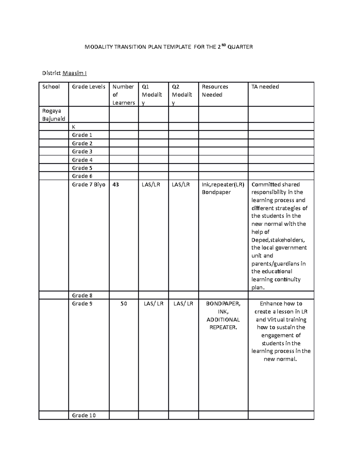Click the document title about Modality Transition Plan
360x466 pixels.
(x=169, y=47)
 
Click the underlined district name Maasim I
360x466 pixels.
(x=74, y=73)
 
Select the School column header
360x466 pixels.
(x=51, y=87)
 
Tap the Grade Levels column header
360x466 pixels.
(x=88, y=87)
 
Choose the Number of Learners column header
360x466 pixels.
(x=123, y=95)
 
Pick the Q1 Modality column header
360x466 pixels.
(x=152, y=95)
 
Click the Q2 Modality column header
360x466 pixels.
(x=182, y=95)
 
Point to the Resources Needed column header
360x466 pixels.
(x=215, y=91)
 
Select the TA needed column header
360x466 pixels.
(x=265, y=87)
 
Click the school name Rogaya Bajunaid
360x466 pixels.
(x=54, y=115)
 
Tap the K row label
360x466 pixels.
(x=73, y=127)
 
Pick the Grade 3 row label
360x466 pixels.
(x=82, y=152)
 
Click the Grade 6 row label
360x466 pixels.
(x=82, y=176)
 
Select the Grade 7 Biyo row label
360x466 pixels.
(x=88, y=185)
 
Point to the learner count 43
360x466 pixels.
(x=115, y=185)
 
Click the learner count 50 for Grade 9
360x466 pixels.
(x=124, y=304)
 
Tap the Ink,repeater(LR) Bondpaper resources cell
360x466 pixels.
(x=223, y=188)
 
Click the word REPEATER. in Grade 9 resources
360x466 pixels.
(x=223, y=327)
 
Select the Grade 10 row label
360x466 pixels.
(x=84, y=415)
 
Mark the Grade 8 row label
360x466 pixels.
(x=82, y=295)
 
